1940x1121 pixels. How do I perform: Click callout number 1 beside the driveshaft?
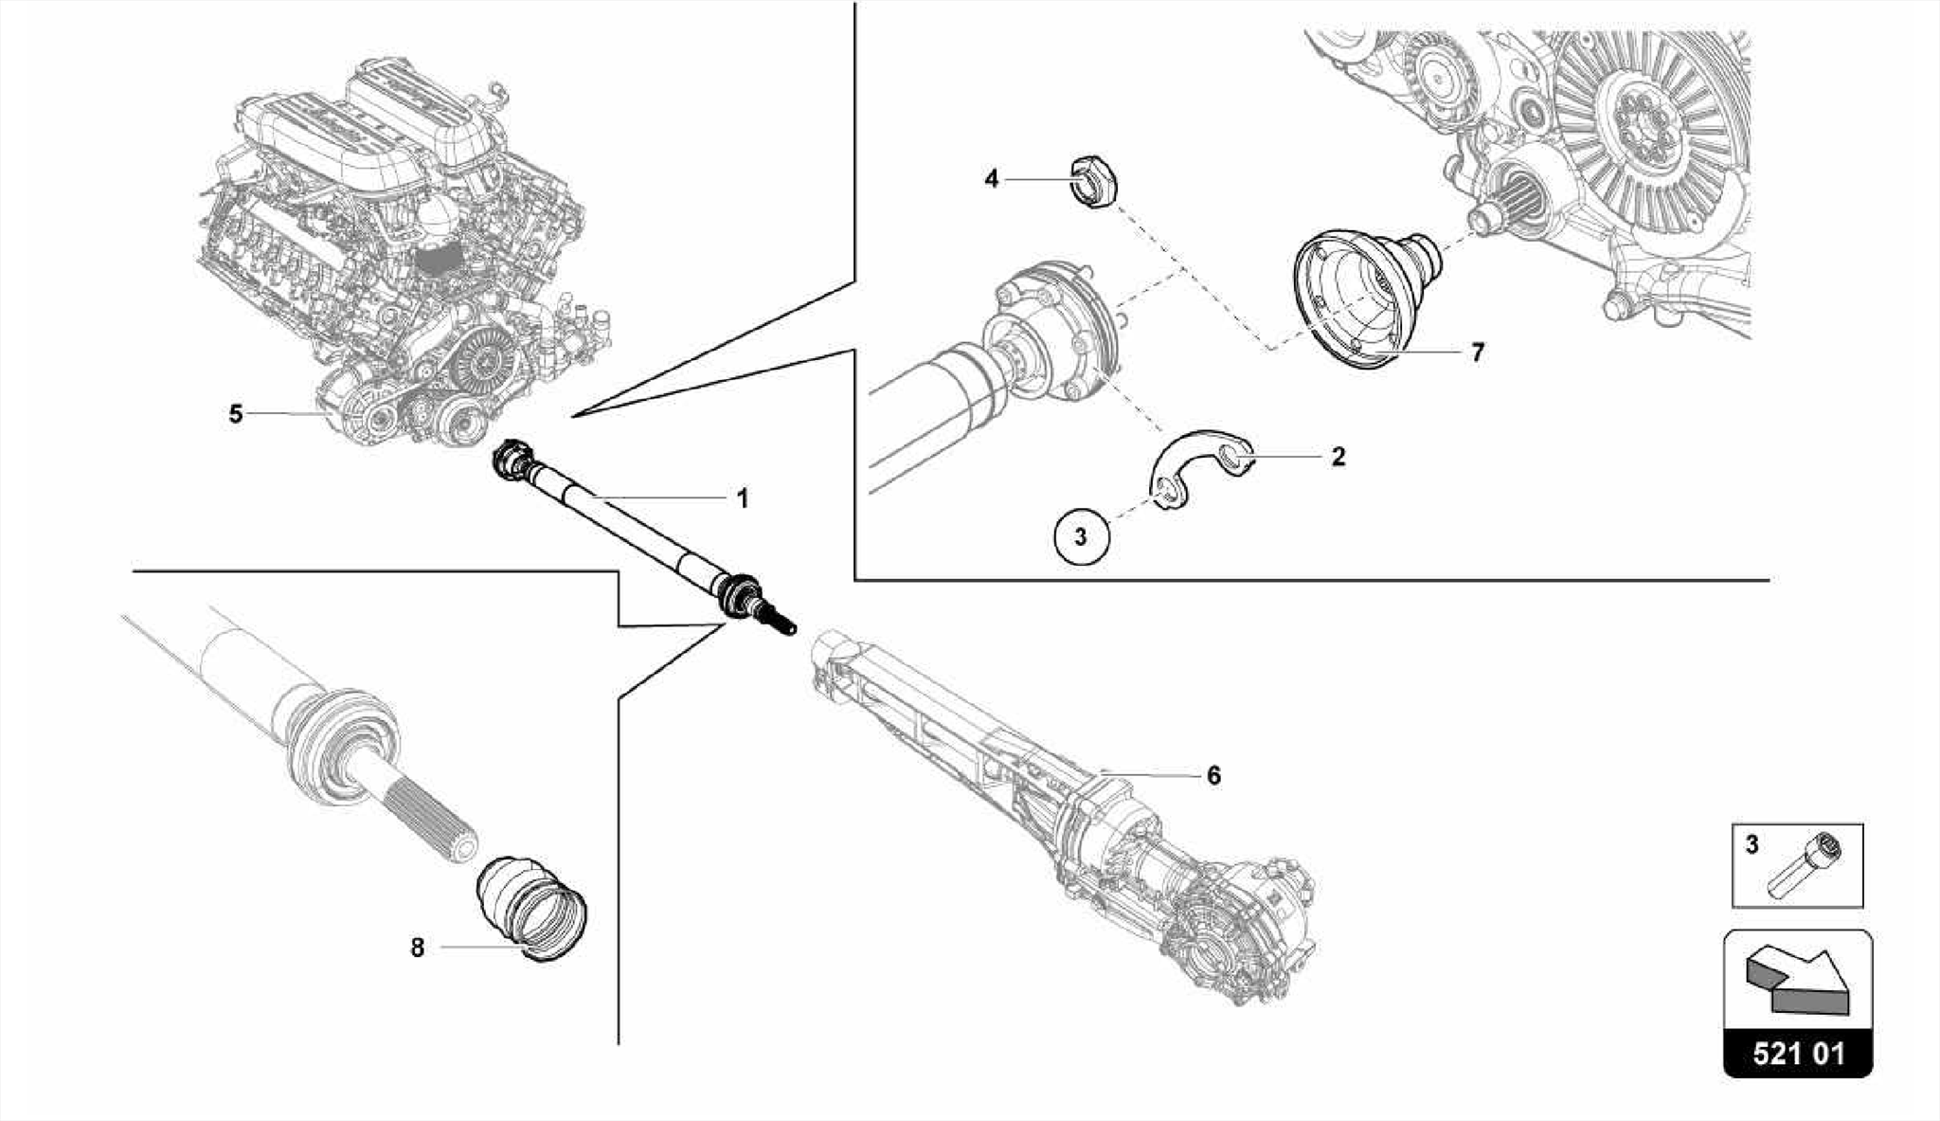[x=743, y=498]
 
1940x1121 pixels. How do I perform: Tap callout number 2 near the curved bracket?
[x=1338, y=457]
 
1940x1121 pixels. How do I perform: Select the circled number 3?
[x=1081, y=537]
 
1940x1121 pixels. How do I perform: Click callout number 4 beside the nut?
[x=991, y=178]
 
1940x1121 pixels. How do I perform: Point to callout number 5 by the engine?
[x=236, y=414]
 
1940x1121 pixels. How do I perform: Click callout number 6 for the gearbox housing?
[x=1213, y=776]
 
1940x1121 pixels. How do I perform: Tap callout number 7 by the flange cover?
[x=1477, y=353]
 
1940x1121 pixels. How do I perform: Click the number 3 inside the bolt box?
[x=1751, y=844]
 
